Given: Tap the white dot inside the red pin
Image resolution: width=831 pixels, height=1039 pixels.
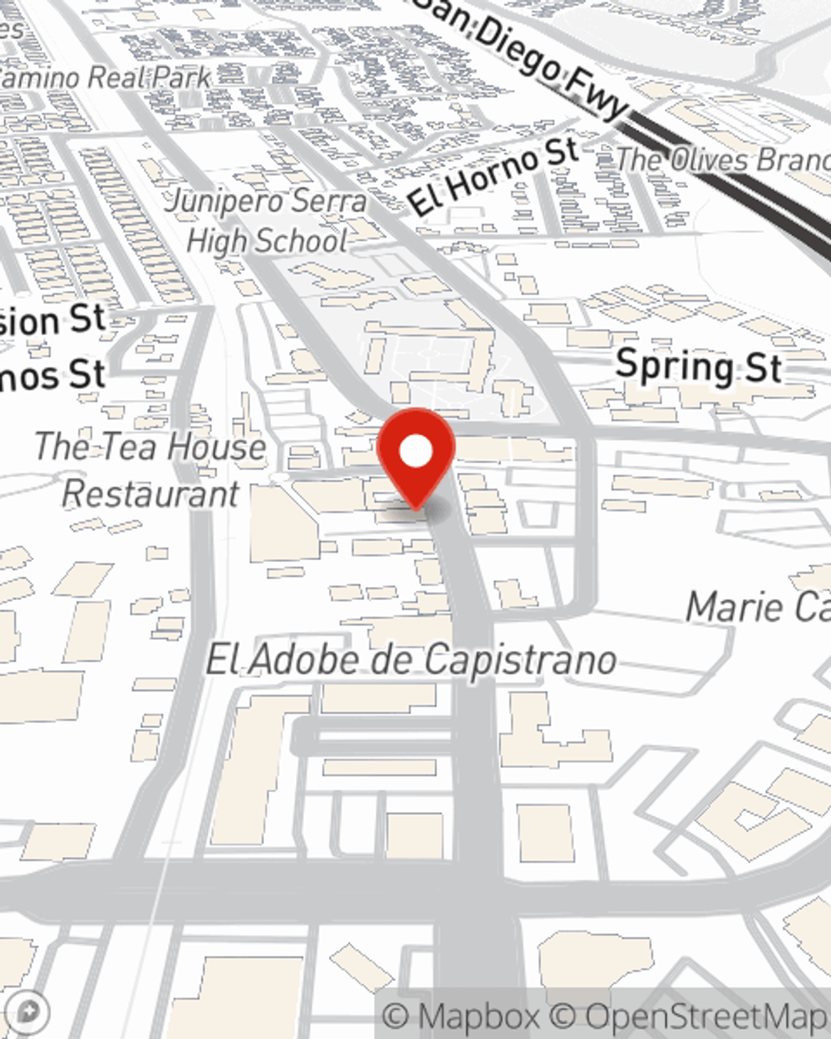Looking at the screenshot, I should (416, 452).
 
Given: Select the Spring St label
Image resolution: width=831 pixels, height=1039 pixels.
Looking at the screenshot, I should (698, 367).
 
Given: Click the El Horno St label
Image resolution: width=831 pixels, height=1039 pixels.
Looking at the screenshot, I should (494, 176).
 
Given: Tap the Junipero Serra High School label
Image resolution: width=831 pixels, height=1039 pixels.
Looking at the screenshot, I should (266, 221).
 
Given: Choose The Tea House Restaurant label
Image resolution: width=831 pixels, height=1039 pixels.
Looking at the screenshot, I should (150, 470).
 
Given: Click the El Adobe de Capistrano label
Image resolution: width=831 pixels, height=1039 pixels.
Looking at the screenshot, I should (411, 661).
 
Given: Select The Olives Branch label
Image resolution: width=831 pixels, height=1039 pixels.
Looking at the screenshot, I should (723, 160).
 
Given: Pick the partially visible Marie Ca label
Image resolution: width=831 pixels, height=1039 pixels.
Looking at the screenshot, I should (757, 608).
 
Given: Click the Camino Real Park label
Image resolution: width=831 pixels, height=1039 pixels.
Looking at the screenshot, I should (104, 78).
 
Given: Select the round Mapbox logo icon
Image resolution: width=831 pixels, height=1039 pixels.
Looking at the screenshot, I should (29, 1012).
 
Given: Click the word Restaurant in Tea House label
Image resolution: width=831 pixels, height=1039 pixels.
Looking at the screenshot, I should (150, 495).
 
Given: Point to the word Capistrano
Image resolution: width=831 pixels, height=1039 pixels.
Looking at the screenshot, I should (519, 662).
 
